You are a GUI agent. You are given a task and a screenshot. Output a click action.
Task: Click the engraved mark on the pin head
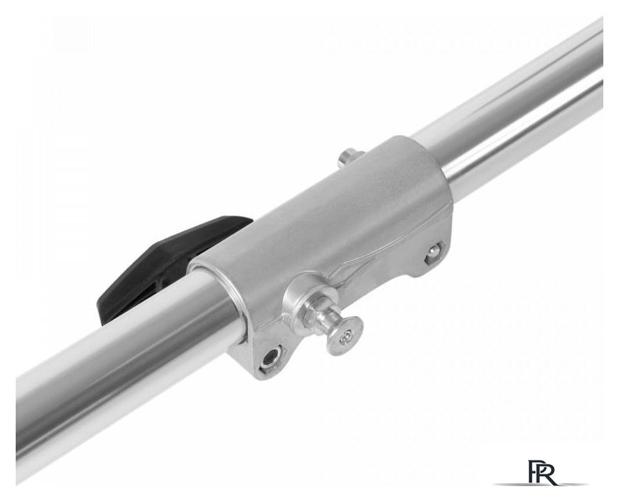point(347,336)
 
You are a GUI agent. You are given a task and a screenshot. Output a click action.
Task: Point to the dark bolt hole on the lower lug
point(271,356)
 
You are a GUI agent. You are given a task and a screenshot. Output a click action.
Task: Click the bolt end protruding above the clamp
point(350,157)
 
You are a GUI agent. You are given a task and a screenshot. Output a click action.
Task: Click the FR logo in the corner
point(544,471)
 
